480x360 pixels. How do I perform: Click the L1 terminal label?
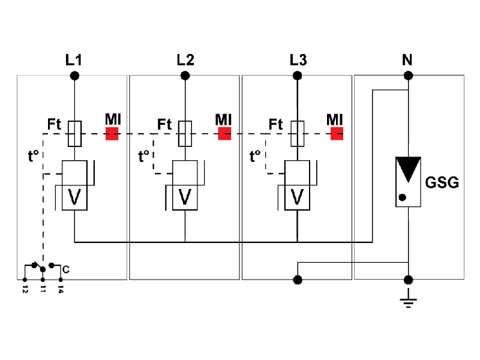[x=74, y=61]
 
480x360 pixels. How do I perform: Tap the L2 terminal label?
[x=185, y=61]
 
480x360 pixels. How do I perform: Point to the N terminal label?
[x=408, y=61]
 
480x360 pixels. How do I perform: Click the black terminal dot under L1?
[x=74, y=76]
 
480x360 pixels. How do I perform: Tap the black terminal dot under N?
[x=409, y=76]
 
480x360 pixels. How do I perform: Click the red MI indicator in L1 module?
[x=112, y=134]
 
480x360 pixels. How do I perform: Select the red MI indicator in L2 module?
[x=224, y=134]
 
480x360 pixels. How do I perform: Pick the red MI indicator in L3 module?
[x=337, y=134]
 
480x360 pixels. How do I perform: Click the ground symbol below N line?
[x=409, y=298]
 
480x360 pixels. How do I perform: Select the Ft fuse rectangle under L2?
[x=185, y=133]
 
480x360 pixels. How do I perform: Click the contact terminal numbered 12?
[x=25, y=280]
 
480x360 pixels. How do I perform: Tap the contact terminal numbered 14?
[x=61, y=280]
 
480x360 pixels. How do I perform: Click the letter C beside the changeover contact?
[x=65, y=270]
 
